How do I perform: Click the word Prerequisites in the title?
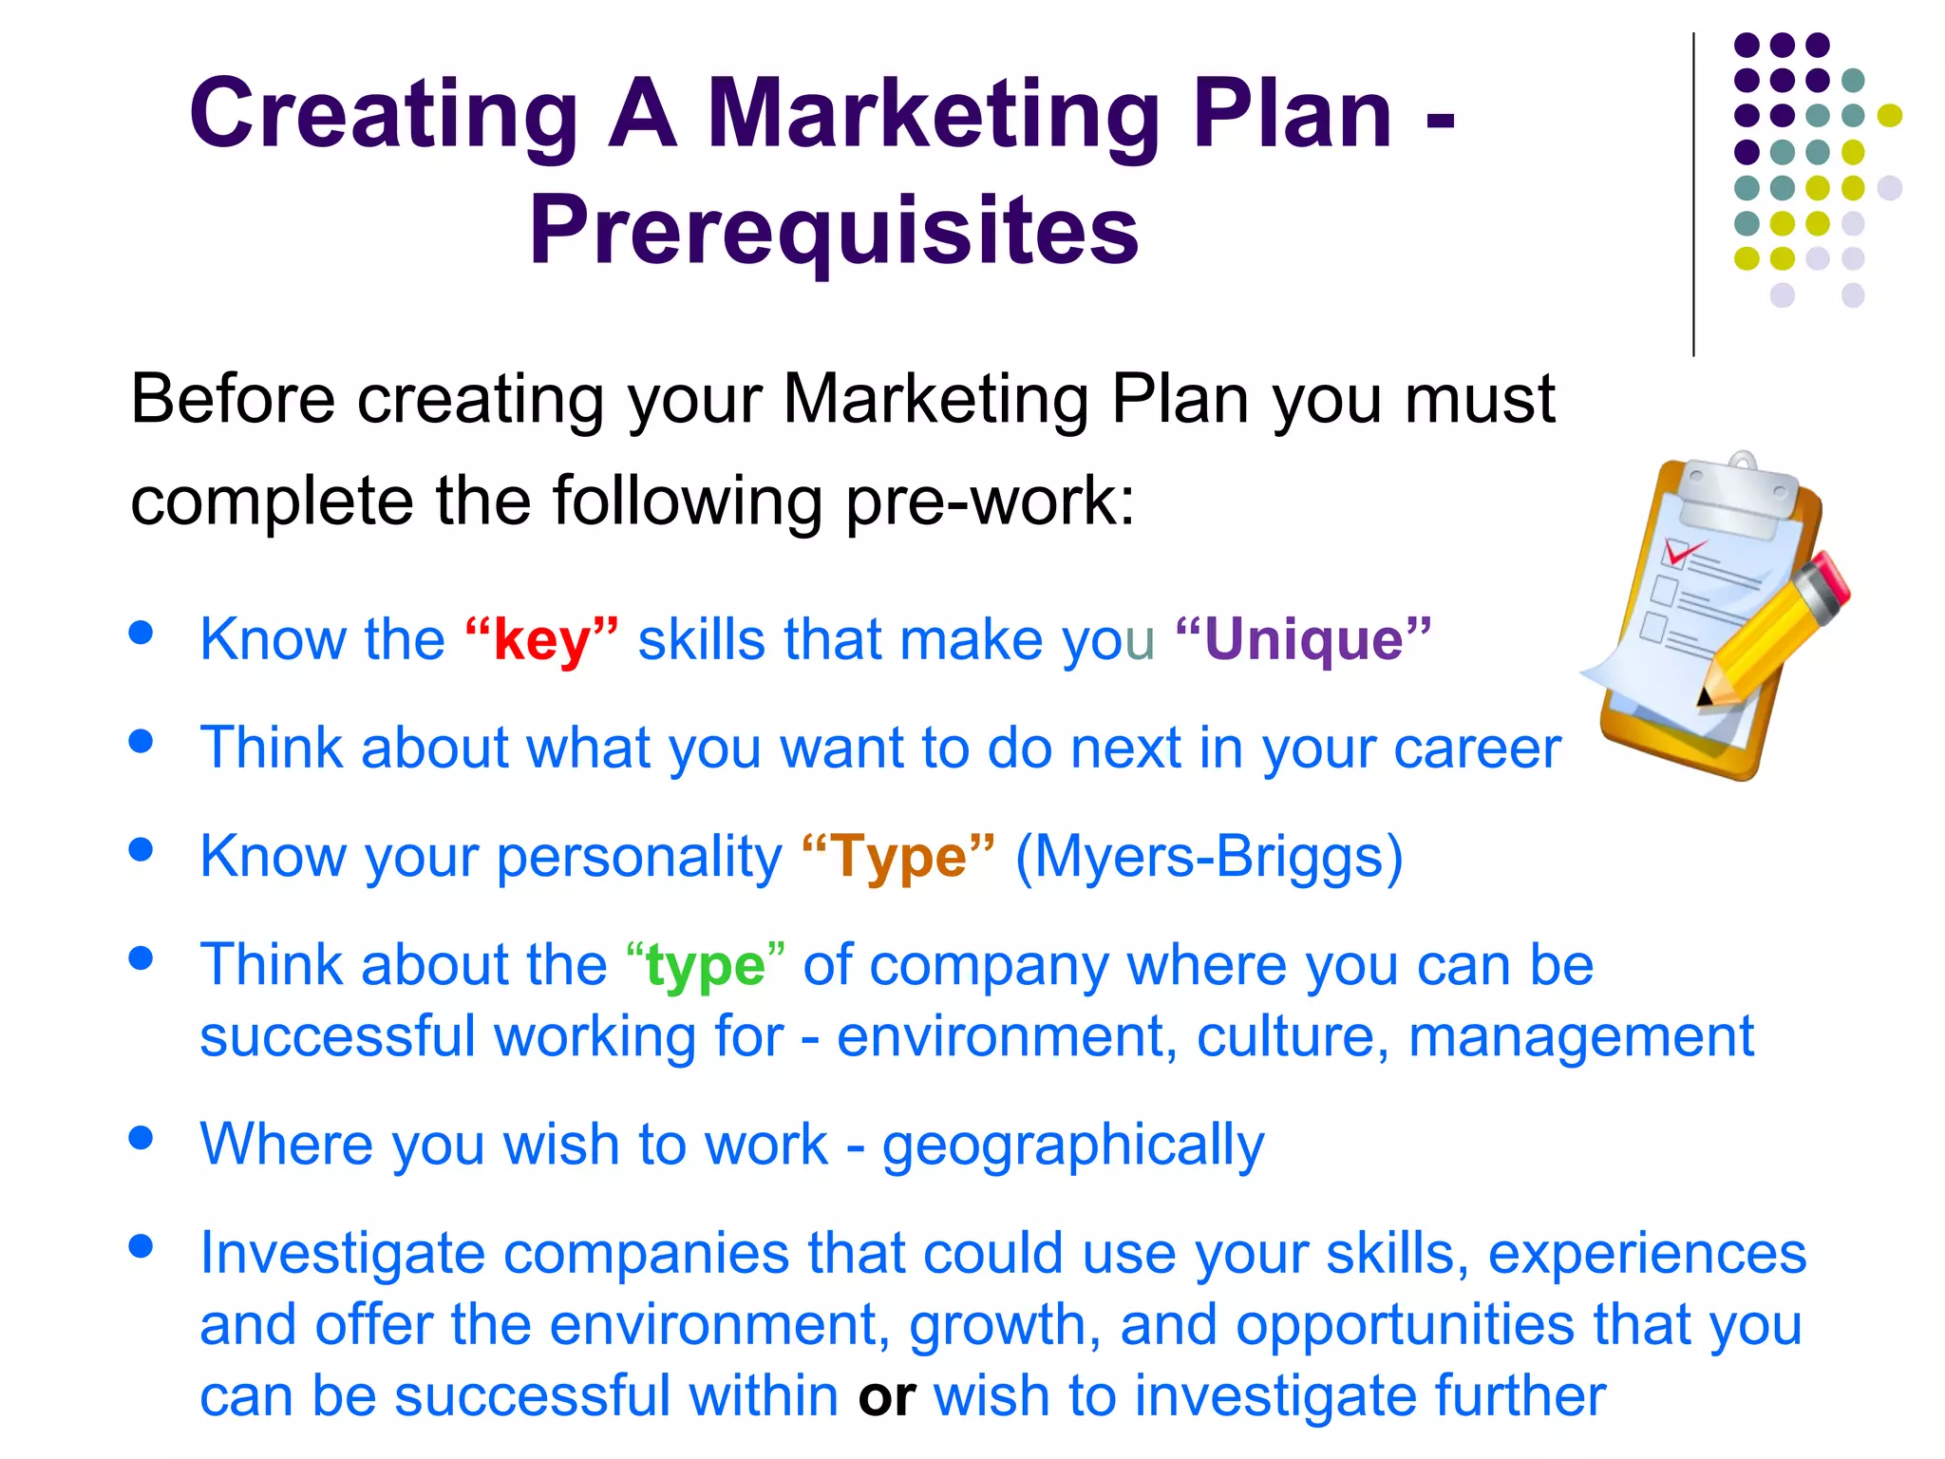coord(834,231)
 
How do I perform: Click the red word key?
coord(541,640)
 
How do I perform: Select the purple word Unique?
coord(1303,640)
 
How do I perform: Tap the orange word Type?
coord(898,857)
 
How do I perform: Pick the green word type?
coord(705,967)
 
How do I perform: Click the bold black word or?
coord(886,1396)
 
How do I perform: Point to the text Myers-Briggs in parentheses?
coord(1208,857)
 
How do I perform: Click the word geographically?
coord(1073,1145)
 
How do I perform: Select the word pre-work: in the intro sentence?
coord(989,501)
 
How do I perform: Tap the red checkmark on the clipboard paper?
coord(1681,551)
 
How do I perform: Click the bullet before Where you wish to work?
coord(142,1137)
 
